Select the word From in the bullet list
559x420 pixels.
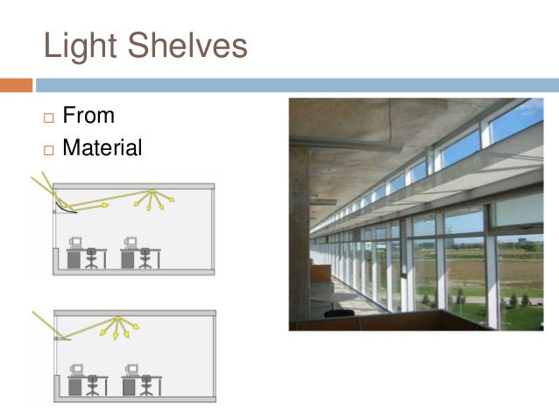(x=88, y=115)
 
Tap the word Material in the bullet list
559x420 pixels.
(x=102, y=148)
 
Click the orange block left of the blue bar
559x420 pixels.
(x=16, y=85)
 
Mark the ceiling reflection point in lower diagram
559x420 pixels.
(x=117, y=317)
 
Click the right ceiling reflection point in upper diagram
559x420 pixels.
(x=152, y=190)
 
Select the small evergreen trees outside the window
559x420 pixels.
(x=517, y=298)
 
